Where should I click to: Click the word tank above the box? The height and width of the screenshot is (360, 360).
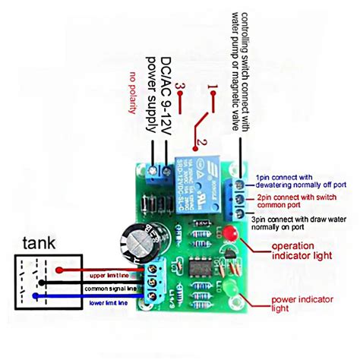[x=37, y=243]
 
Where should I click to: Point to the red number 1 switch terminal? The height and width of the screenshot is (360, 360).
[x=213, y=88]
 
